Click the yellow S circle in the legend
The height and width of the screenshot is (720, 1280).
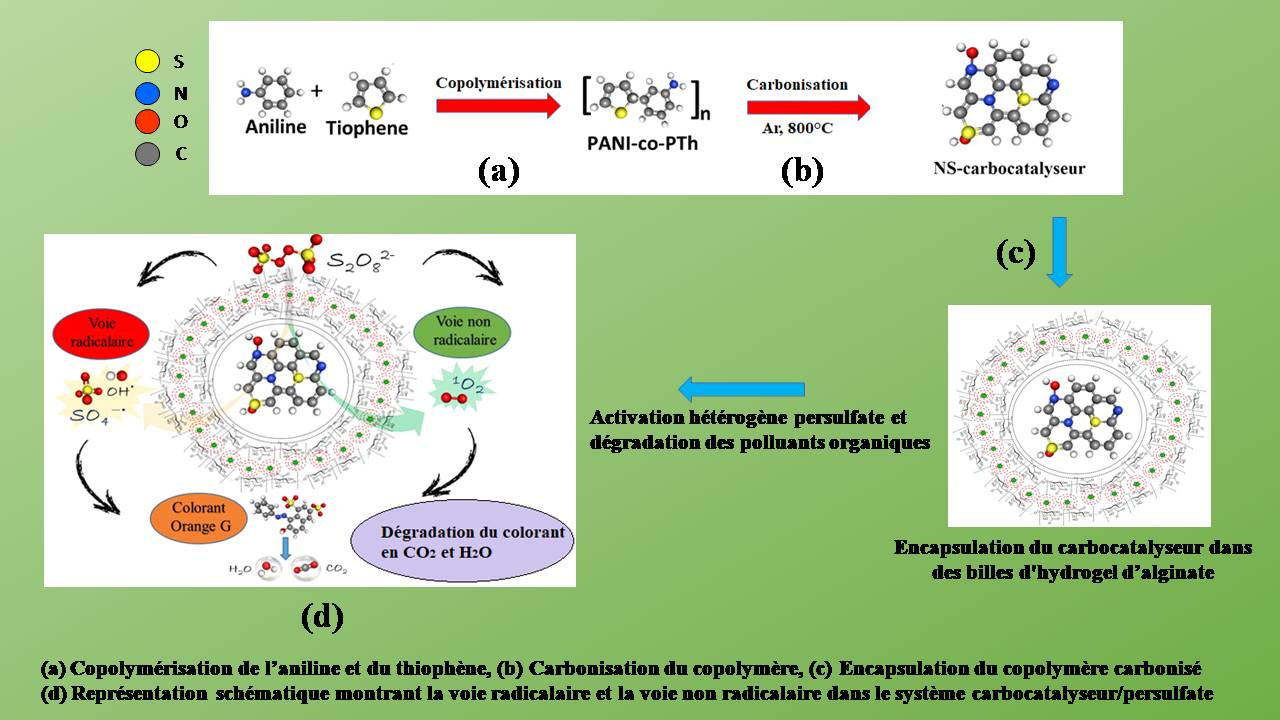click(x=148, y=62)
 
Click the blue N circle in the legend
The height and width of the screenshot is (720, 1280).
click(x=148, y=93)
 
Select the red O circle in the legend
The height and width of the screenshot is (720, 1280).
click(x=148, y=123)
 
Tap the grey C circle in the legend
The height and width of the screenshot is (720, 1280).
click(x=148, y=154)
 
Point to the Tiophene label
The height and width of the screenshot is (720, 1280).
click(x=367, y=129)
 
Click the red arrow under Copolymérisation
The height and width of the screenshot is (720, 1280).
click(x=498, y=107)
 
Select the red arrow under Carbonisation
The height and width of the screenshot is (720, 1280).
click(x=807, y=107)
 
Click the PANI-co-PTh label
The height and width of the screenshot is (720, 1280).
click(x=641, y=143)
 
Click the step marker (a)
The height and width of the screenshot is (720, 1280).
click(x=499, y=171)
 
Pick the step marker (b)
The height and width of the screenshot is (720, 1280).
click(x=801, y=171)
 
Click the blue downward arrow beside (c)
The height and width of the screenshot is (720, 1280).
click(x=1058, y=251)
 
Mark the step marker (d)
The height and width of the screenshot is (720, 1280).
click(x=322, y=617)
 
